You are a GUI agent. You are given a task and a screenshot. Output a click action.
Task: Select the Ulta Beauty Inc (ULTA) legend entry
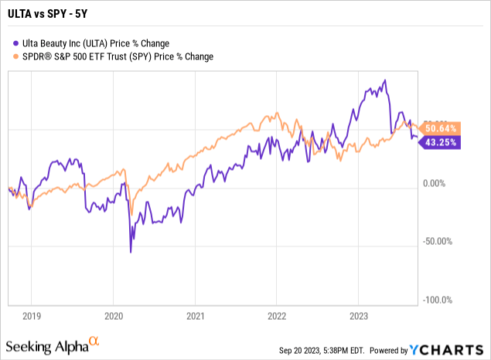tap(97, 43)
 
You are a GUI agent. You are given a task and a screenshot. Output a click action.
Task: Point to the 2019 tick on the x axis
tap(31, 315)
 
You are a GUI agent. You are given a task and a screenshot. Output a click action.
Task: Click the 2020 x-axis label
tap(113, 315)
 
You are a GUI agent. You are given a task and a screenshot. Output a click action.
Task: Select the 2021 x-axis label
tap(195, 315)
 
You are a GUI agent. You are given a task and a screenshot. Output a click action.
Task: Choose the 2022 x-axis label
tap(277, 315)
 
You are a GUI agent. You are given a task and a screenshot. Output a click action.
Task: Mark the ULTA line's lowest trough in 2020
tap(130, 252)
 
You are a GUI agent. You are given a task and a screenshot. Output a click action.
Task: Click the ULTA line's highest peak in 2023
tap(385, 80)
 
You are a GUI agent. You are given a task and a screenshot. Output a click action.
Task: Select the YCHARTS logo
tap(451, 350)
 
